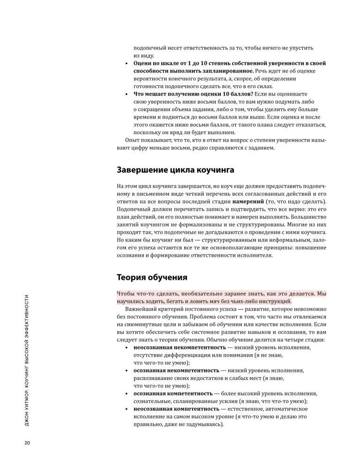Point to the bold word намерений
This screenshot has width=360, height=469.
point(276,202)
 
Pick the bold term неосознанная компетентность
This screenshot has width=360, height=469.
point(172,409)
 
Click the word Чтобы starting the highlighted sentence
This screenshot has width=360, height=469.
point(127,293)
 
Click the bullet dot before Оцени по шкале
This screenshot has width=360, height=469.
point(127,63)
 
